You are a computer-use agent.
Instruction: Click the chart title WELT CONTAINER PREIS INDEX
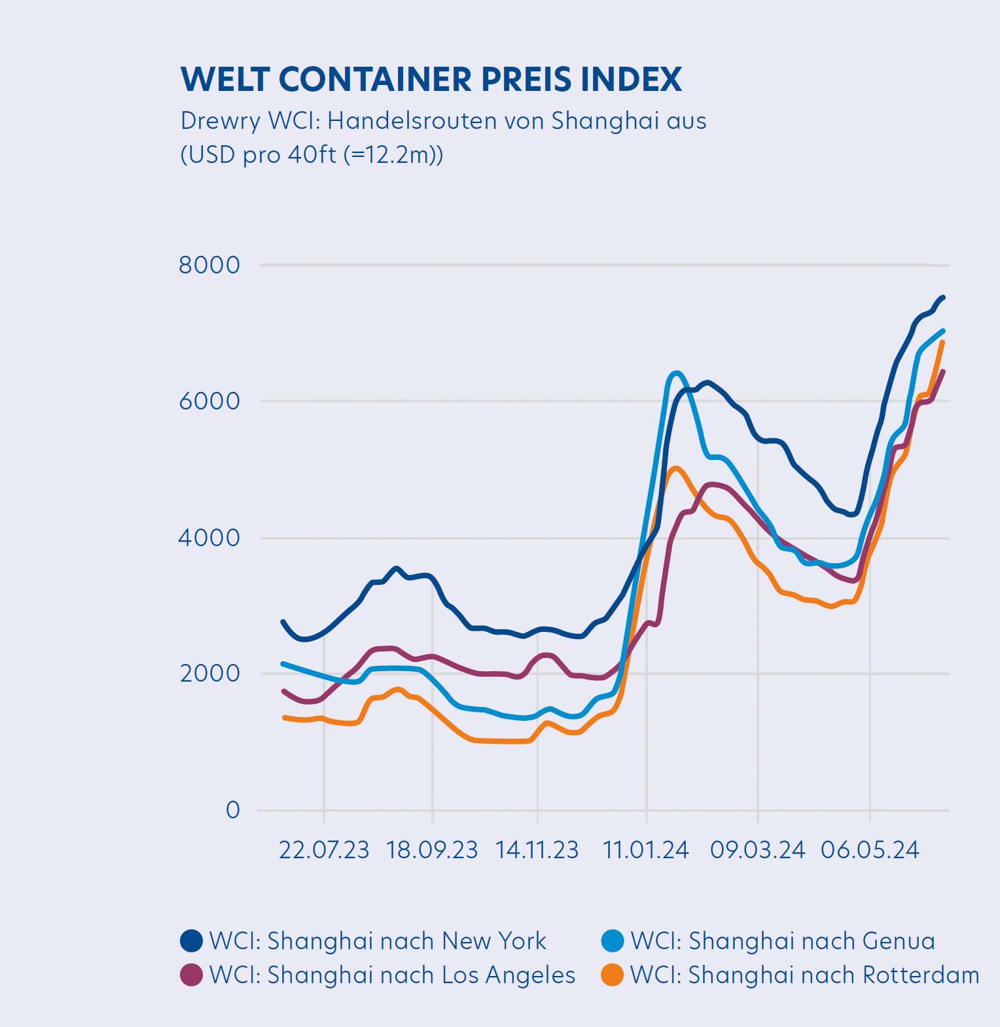pyautogui.click(x=431, y=79)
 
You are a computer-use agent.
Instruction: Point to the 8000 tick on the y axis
pyautogui.click(x=209, y=265)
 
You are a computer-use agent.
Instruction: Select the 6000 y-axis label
pyautogui.click(x=209, y=401)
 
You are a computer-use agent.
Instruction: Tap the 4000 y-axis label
pyautogui.click(x=209, y=538)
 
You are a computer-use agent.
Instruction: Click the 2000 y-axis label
pyautogui.click(x=209, y=673)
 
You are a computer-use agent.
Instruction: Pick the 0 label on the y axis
pyautogui.click(x=233, y=810)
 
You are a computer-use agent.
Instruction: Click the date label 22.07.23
pyautogui.click(x=324, y=850)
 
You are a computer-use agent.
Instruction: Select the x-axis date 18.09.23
pyautogui.click(x=432, y=850)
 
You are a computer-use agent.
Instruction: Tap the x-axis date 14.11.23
pyautogui.click(x=537, y=850)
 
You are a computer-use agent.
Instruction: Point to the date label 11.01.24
pyautogui.click(x=646, y=850)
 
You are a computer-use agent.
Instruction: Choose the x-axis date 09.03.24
pyautogui.click(x=757, y=850)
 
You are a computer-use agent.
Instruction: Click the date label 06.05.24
pyautogui.click(x=870, y=850)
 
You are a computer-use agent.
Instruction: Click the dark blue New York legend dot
pyautogui.click(x=192, y=941)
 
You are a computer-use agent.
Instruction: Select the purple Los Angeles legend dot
pyautogui.click(x=192, y=975)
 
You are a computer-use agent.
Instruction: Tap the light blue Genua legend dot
pyautogui.click(x=613, y=941)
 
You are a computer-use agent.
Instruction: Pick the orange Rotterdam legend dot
pyautogui.click(x=613, y=975)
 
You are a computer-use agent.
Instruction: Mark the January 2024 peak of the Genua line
pyautogui.click(x=676, y=374)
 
